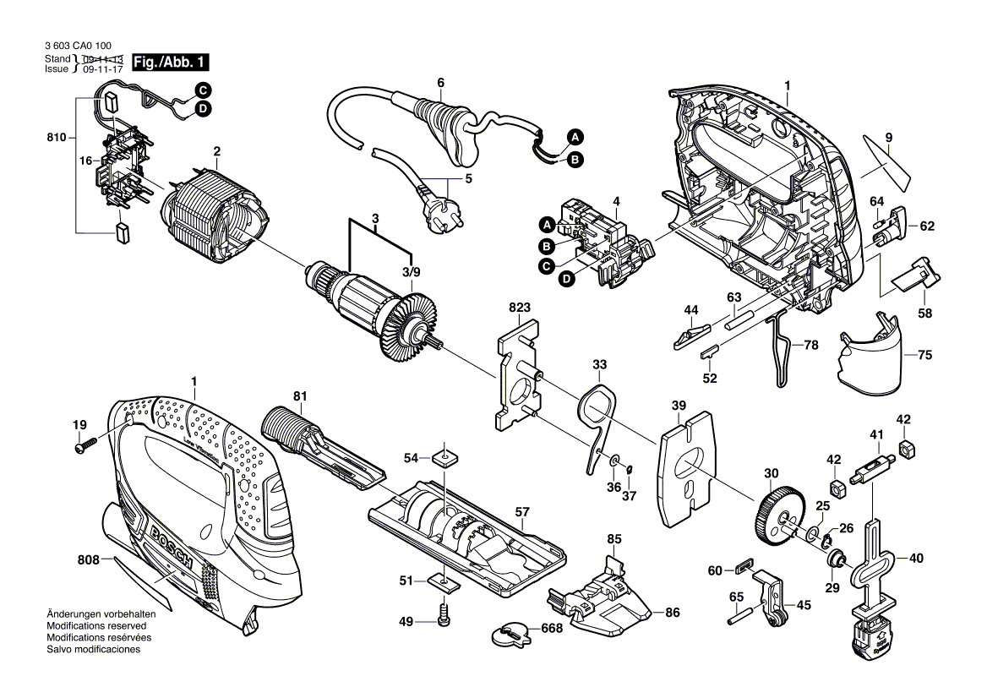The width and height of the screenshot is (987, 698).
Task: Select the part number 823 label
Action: coord(520,308)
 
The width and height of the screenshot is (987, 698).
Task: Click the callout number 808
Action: coord(88,559)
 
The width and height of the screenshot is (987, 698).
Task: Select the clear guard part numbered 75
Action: coord(870,358)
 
